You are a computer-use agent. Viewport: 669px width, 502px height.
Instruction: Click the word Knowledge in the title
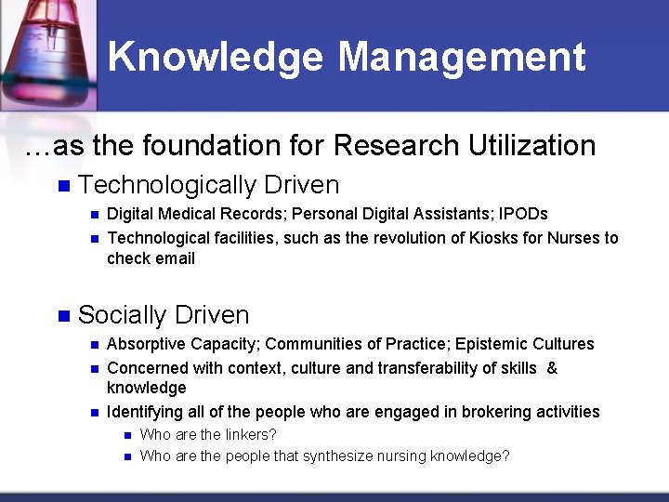click(x=216, y=58)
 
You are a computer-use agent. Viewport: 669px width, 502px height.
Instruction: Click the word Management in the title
click(x=462, y=58)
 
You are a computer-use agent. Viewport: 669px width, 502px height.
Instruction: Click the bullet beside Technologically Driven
click(x=63, y=186)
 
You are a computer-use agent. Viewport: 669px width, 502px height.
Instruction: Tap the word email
click(x=175, y=258)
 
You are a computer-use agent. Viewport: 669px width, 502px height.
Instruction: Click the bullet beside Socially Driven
click(x=63, y=316)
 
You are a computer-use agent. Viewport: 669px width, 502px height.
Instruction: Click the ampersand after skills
click(x=552, y=368)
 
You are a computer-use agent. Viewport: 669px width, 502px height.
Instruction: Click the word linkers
click(x=251, y=434)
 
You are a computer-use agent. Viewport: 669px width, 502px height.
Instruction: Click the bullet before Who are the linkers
click(x=125, y=435)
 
